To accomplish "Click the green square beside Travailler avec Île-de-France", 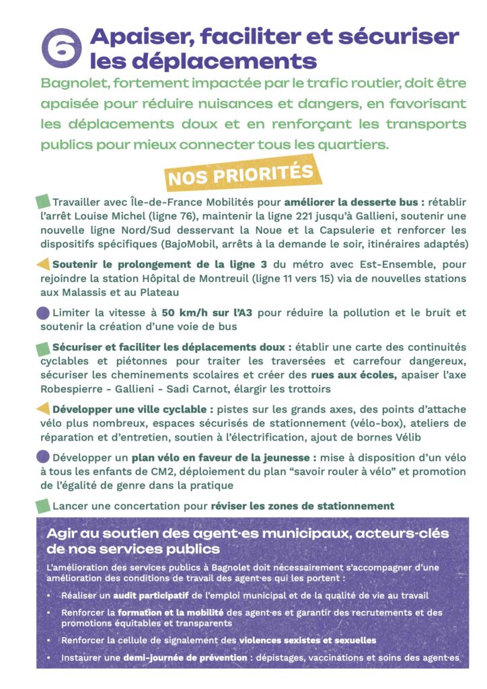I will point(42,201).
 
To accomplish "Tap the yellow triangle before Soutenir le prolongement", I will point(42,264).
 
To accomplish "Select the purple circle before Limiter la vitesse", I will point(42,313).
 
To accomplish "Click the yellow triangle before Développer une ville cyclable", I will point(42,408).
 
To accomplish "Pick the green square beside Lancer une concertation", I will point(42,505).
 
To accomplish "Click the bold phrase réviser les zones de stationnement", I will point(302,505).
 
